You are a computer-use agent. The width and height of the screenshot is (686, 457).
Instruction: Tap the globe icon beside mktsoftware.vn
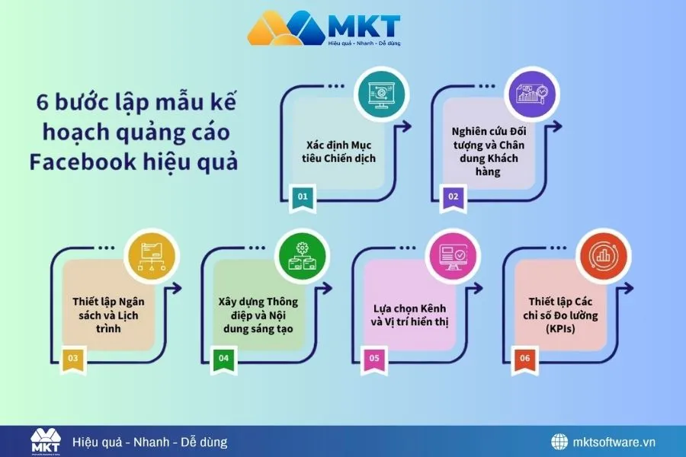coord(560,442)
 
